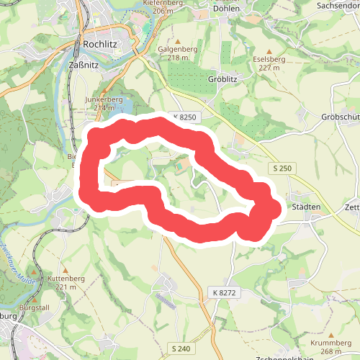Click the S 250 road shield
(284, 168)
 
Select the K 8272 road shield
(224, 292)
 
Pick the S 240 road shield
(181, 348)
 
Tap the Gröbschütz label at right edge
(341, 117)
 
